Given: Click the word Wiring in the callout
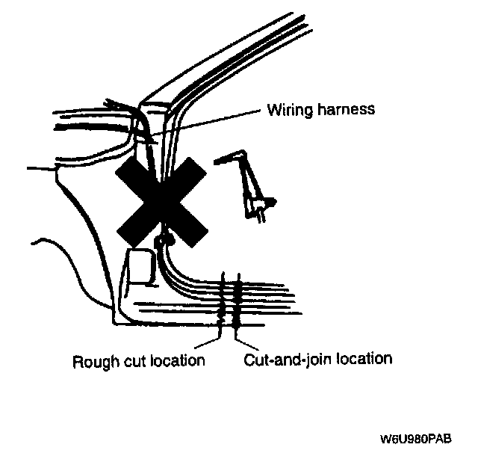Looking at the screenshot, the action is click(289, 110).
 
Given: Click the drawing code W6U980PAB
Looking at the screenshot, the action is click(414, 439).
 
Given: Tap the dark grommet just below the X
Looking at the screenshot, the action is click(164, 239).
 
